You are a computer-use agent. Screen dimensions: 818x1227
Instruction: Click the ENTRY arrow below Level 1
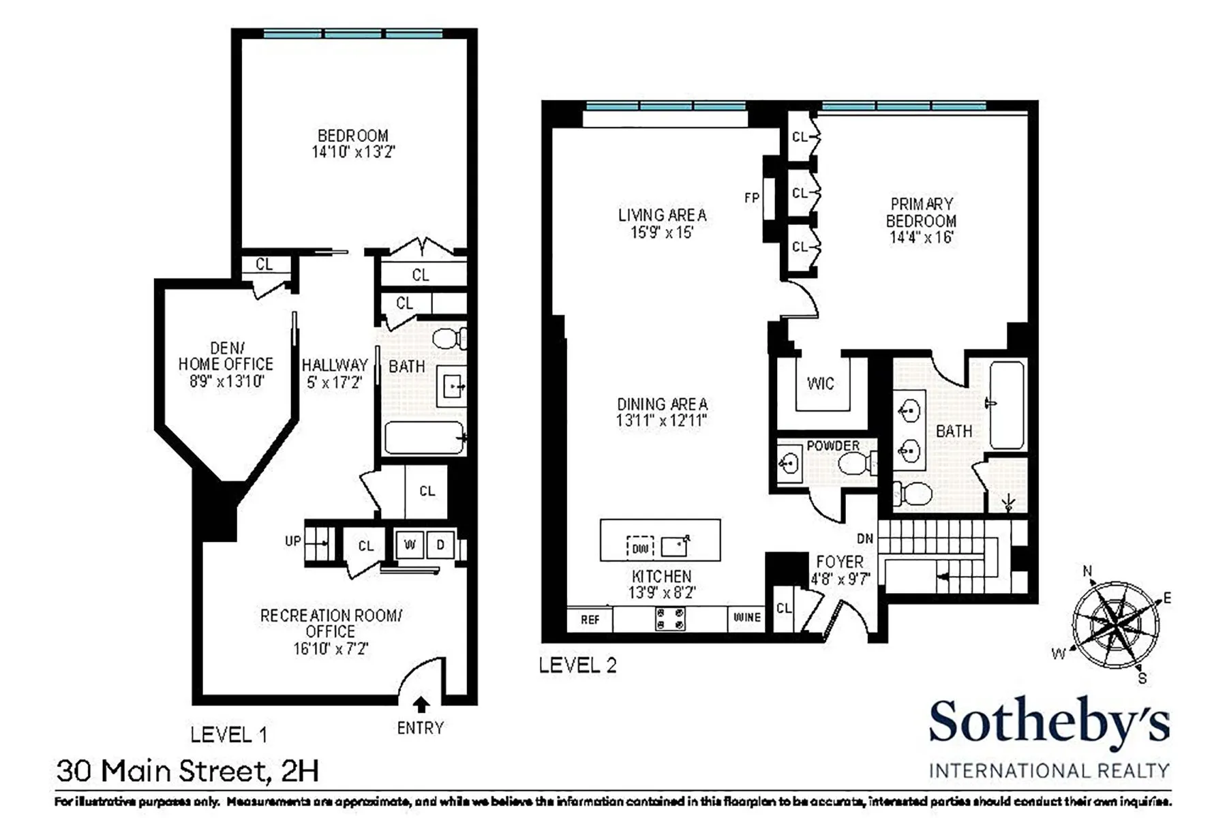pos(421,704)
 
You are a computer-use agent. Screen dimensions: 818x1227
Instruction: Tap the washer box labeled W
pos(410,545)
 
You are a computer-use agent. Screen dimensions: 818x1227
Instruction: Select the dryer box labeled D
pos(440,545)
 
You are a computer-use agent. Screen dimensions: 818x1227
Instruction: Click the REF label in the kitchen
pos(590,620)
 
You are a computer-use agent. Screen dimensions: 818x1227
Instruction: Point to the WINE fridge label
pos(746,618)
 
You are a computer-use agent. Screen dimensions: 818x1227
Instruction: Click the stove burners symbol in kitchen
pos(670,618)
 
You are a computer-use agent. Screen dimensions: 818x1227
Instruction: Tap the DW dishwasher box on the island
pos(639,547)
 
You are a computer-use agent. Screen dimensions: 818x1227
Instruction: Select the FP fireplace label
pos(751,198)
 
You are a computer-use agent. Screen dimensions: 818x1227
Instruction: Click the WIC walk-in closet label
pos(820,384)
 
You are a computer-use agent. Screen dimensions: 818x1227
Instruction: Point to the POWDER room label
pos(833,446)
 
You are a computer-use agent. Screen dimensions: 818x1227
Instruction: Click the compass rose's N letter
pos(1087,571)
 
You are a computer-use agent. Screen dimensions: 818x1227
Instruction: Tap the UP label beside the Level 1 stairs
pos(292,541)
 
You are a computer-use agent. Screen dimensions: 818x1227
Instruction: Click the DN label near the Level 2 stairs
pos(864,539)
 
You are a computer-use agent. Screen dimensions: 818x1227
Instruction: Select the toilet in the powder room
pos(854,465)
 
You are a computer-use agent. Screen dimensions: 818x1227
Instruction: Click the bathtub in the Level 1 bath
pos(424,438)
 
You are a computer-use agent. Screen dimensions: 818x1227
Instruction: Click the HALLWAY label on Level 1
pos(335,365)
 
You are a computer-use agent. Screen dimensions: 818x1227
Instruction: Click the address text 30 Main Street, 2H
pos(187,771)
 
